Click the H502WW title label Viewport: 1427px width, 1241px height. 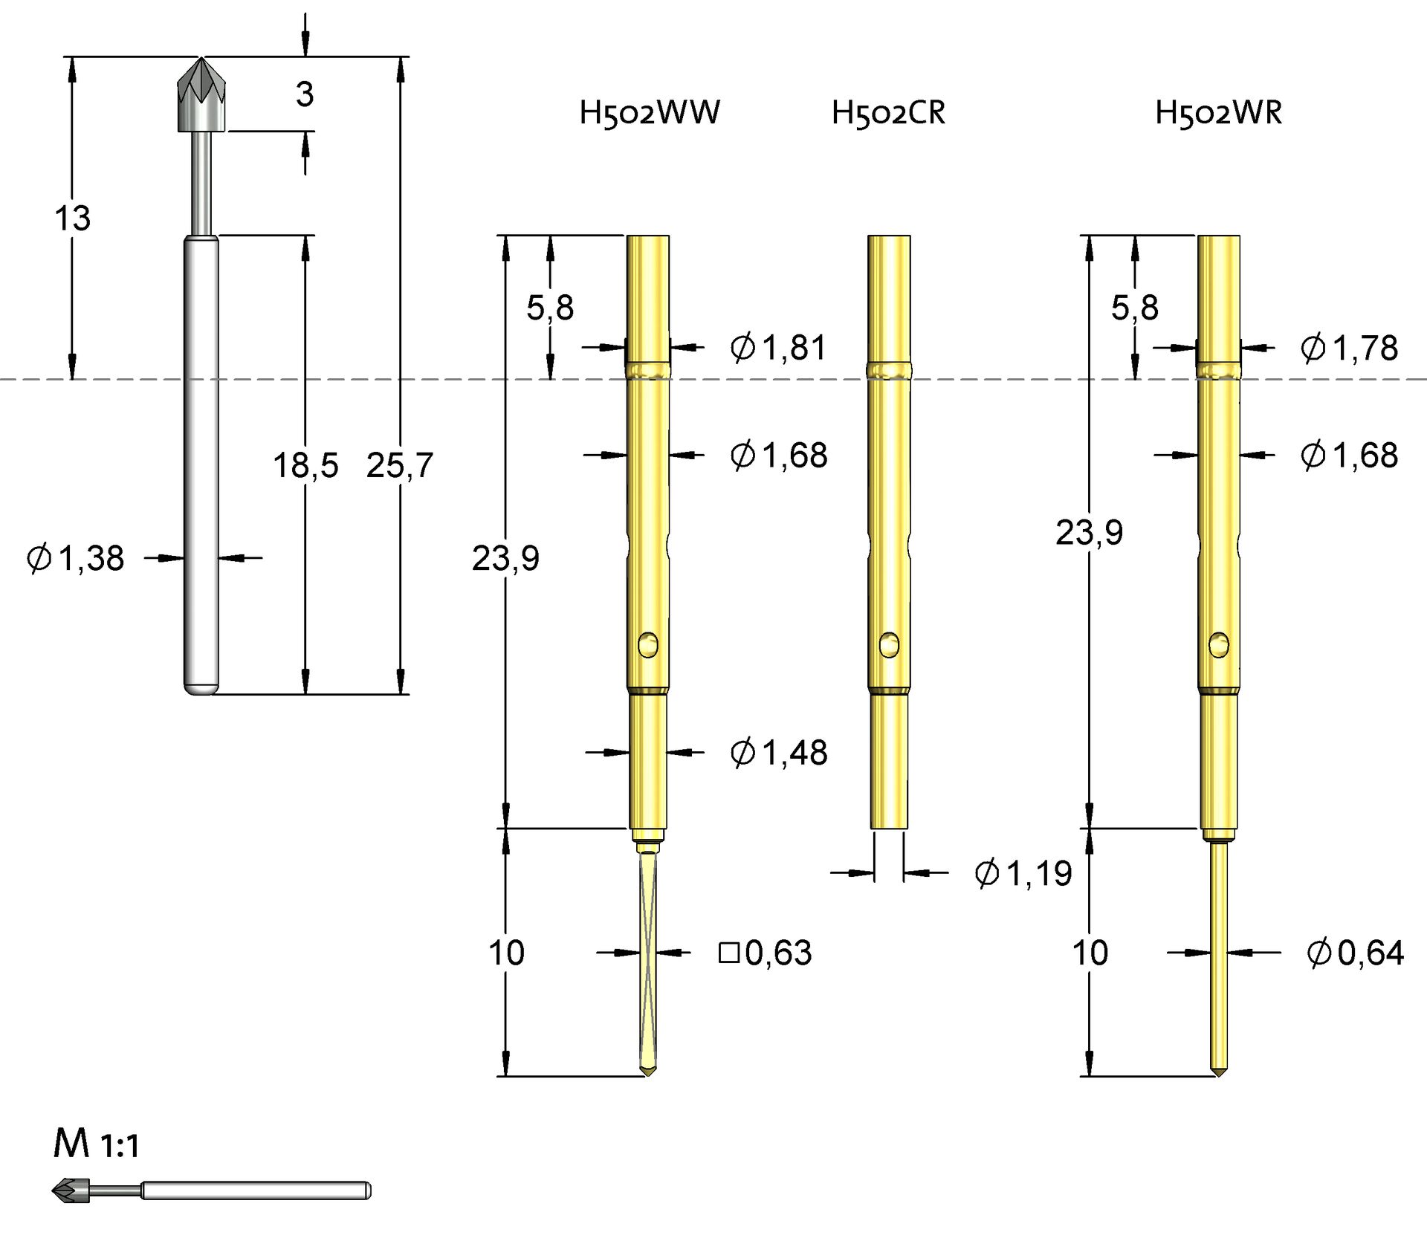650,113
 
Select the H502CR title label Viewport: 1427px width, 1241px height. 888,113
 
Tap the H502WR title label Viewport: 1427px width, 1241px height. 1218,113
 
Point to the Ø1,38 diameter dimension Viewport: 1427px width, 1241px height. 75,558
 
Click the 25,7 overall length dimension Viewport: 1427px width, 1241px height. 399,466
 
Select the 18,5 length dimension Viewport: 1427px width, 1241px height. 305,466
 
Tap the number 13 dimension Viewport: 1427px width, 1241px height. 72,218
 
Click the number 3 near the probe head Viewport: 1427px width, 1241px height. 305,94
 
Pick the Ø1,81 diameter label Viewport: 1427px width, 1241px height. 778,348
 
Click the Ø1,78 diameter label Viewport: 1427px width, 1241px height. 1349,348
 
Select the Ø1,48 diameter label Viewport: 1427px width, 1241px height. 778,753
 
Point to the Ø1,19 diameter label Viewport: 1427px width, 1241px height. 1023,873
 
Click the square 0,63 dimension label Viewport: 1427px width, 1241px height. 766,953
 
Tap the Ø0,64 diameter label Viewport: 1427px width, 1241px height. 1355,953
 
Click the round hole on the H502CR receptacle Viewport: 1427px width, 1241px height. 889,644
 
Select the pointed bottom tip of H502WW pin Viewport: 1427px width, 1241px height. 648,1071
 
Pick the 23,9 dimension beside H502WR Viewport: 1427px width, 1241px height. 1089,533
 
